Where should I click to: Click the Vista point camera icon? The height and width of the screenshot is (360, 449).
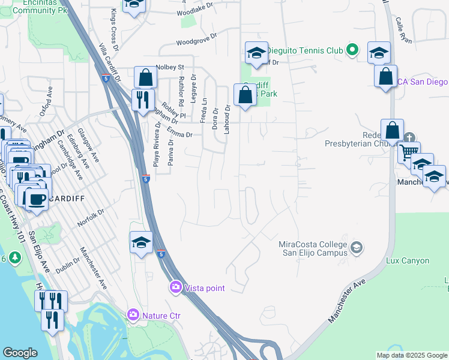pos(176,287)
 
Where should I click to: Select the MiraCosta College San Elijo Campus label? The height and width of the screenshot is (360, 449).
pos(313,248)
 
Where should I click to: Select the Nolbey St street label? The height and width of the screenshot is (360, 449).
pos(169,67)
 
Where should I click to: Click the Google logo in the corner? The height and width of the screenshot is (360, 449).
pos(20,353)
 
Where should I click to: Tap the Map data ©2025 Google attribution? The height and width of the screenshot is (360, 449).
pos(412,355)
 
